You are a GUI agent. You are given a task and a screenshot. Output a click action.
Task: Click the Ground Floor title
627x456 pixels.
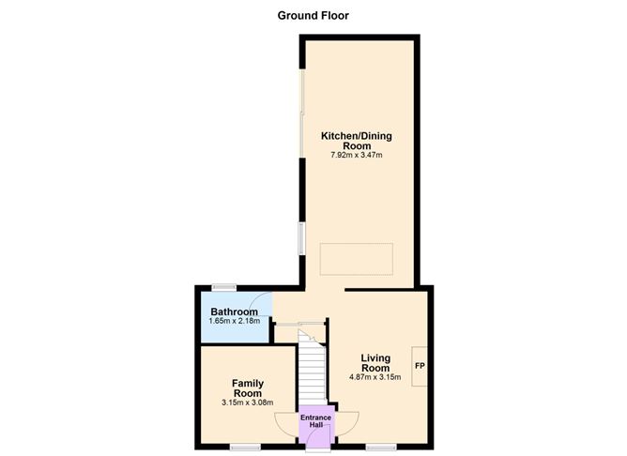point(313,15)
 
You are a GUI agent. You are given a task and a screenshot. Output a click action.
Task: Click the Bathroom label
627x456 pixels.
point(234,312)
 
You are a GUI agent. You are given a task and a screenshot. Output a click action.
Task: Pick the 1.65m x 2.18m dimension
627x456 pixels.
point(234,322)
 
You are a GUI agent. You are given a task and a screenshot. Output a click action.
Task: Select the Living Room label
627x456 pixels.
point(375,363)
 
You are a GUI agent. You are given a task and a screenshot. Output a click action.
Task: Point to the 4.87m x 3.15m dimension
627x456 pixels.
point(375,378)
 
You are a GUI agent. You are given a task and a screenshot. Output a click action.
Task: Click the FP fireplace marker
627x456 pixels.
point(420,364)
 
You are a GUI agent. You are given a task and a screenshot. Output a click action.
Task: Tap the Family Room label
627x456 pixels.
point(248,388)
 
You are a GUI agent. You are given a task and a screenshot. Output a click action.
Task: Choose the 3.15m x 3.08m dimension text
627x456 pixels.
point(248,403)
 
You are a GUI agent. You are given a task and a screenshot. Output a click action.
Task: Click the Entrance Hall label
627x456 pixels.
point(315,421)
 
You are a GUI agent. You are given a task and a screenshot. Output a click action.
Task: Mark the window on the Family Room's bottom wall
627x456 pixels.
point(246,447)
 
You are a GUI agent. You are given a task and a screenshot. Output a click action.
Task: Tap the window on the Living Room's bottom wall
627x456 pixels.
point(380,447)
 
